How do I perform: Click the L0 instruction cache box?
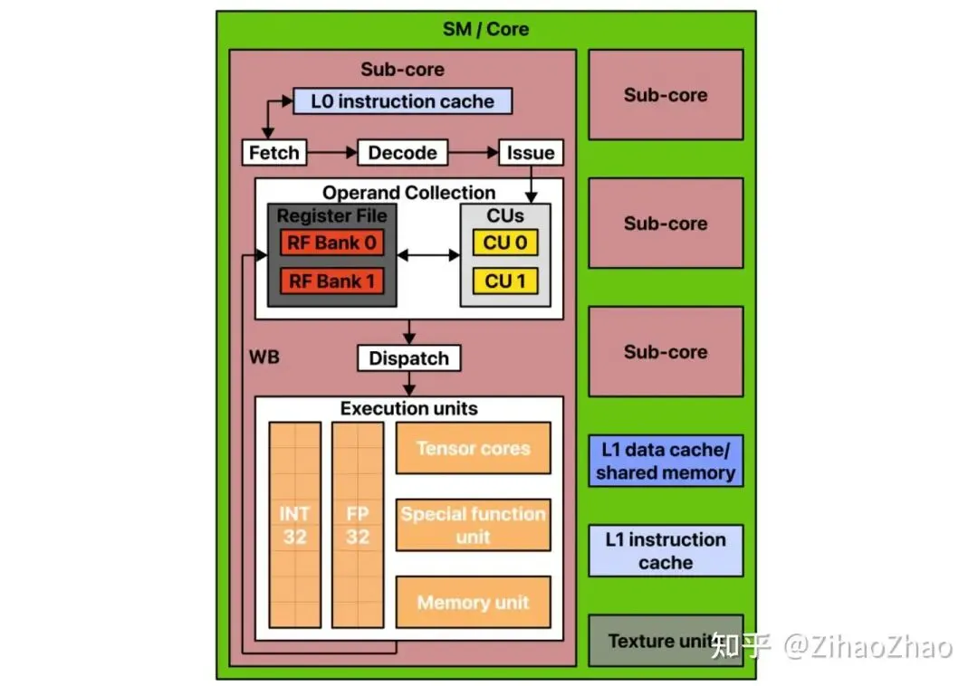402,101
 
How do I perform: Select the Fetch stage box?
274,153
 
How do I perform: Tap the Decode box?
402,153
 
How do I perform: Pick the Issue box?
531,153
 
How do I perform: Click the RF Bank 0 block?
331,243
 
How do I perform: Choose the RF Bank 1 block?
331,281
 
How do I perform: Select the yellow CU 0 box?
505,243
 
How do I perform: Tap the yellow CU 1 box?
505,281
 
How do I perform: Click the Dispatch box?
409,358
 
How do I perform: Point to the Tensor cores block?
474,448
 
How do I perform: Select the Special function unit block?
474,525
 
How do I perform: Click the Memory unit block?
474,602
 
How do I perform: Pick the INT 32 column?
295,525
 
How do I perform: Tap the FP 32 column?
358,525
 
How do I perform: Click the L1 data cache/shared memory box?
666,461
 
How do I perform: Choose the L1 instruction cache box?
666,551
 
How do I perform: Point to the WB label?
264,357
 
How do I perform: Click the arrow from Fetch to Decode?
332,153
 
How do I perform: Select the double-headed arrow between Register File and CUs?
428,255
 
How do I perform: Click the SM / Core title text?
486,29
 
